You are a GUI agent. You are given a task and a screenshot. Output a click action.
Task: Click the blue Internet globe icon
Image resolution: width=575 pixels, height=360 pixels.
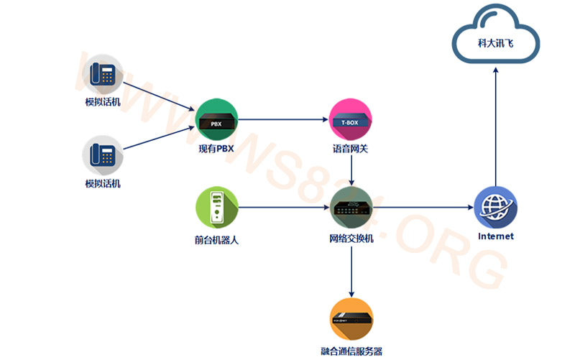click(x=495, y=208)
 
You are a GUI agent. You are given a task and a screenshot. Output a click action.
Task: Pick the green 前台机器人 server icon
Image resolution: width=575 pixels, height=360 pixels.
click(x=216, y=208)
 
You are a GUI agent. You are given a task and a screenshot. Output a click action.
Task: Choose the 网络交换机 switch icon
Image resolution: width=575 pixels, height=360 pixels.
click(x=351, y=208)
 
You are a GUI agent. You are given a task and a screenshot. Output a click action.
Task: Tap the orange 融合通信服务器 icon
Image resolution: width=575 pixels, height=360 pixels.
click(x=351, y=318)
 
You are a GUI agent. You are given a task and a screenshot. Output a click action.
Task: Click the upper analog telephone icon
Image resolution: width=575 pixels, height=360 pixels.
click(x=103, y=75)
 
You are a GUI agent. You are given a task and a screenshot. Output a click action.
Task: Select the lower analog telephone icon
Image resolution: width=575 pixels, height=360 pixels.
click(x=103, y=155)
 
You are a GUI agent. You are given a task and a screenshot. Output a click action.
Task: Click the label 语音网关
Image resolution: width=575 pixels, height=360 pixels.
click(x=350, y=149)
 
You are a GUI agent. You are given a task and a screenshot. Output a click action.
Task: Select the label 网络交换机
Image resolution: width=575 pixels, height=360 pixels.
click(x=351, y=238)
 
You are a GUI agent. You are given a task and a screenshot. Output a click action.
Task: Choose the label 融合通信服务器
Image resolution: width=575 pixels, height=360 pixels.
click(x=351, y=351)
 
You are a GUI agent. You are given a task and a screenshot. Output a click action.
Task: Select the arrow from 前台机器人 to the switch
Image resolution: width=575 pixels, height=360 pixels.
click(x=284, y=208)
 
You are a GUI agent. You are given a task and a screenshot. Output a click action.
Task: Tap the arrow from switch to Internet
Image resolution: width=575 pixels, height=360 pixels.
click(x=424, y=208)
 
